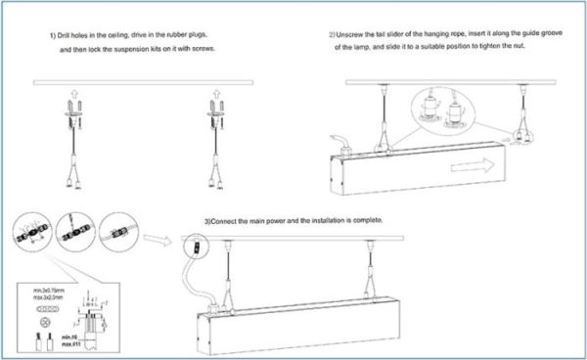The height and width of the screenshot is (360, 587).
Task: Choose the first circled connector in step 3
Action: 30,235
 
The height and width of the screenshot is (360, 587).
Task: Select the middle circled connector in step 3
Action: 69,236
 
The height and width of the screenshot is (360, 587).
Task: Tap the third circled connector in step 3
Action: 110,236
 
